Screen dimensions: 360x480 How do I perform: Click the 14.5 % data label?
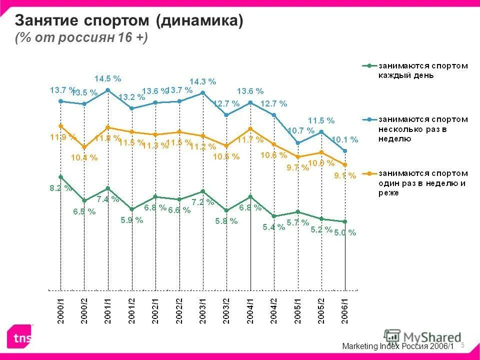108,78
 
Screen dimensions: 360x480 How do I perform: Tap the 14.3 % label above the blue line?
202,81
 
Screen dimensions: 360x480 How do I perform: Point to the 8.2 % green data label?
60,188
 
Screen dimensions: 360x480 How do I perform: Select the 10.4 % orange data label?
84,157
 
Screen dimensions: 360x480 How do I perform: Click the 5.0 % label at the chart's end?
345,232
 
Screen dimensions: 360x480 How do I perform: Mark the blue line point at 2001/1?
108,90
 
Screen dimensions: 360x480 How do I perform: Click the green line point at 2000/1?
60,176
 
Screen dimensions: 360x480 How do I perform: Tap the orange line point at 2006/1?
345,164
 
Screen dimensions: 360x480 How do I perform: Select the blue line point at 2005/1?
298,143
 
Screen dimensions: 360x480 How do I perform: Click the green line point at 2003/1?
203,191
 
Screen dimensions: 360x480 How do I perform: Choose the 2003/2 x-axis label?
226,311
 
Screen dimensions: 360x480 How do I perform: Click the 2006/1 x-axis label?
345,311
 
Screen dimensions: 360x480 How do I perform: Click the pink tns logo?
19,336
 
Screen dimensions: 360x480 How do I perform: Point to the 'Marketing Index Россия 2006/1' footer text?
398,346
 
